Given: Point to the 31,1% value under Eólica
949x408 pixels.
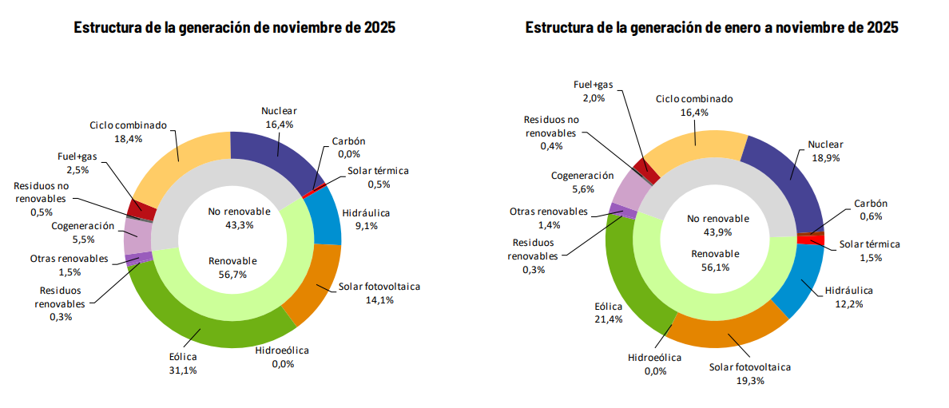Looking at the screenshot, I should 183,370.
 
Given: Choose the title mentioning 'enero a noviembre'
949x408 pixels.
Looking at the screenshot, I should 711,27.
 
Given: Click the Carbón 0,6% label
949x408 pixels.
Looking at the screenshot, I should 870,210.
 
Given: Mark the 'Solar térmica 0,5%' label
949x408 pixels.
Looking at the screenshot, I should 379,177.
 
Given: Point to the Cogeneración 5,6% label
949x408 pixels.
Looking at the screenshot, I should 582,182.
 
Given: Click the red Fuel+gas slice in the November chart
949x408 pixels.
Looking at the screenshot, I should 142,208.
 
